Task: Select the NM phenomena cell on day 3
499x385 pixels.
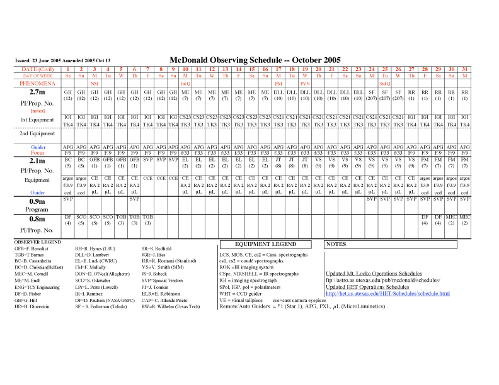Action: (95, 83)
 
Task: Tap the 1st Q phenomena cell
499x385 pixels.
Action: (185, 83)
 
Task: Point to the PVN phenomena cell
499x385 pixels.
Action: (305, 83)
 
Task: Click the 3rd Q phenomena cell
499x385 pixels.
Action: (384, 83)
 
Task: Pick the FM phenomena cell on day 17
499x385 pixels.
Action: (278, 83)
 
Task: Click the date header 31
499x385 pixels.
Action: (464, 69)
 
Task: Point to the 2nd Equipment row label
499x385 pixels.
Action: (38, 133)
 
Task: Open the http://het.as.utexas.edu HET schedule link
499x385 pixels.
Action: (387, 294)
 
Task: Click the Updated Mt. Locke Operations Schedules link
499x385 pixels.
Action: (374, 274)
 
